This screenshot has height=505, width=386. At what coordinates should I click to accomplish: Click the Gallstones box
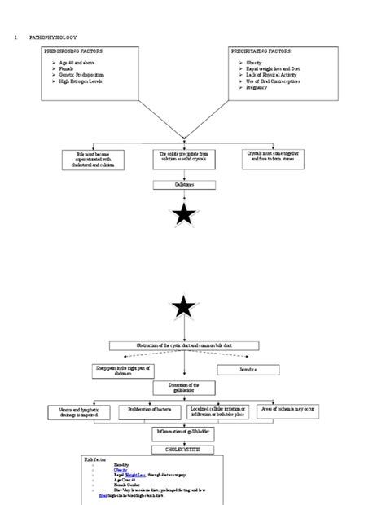[x=182, y=185]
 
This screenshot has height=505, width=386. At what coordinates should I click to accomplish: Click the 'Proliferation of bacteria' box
[x=148, y=411]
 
